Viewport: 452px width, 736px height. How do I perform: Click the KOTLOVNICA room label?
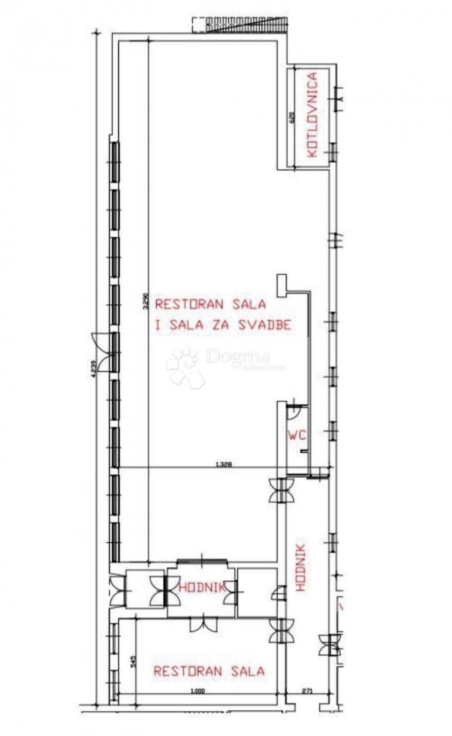pyautogui.click(x=313, y=115)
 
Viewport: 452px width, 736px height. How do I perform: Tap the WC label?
pyautogui.click(x=297, y=435)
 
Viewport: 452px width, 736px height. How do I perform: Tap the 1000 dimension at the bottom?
pyautogui.click(x=196, y=692)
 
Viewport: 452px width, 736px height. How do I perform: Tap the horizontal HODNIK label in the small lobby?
pyautogui.click(x=200, y=588)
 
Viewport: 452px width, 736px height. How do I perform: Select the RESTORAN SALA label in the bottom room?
pyautogui.click(x=209, y=671)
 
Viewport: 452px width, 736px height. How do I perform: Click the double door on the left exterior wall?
pyautogui.click(x=102, y=352)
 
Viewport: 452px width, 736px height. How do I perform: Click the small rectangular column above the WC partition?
pyautogui.click(x=281, y=283)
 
